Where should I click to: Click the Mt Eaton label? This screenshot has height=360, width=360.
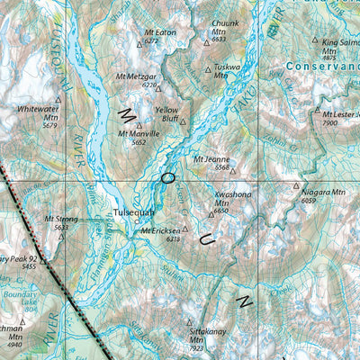(x=159, y=32)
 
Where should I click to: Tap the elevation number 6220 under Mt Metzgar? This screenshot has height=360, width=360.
(x=149, y=85)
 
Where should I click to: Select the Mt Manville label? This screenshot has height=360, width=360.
(x=139, y=133)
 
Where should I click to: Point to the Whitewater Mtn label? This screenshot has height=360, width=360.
(x=38, y=112)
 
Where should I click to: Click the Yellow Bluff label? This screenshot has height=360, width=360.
(x=166, y=113)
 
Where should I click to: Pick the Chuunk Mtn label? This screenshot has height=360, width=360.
(x=224, y=27)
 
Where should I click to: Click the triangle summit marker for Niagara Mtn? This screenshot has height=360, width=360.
(x=296, y=186)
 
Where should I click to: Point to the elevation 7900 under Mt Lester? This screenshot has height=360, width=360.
(x=329, y=123)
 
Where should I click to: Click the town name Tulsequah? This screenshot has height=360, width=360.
(x=135, y=212)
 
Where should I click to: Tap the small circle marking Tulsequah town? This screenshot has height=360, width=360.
(x=138, y=221)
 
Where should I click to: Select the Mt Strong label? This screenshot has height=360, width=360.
(x=61, y=219)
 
